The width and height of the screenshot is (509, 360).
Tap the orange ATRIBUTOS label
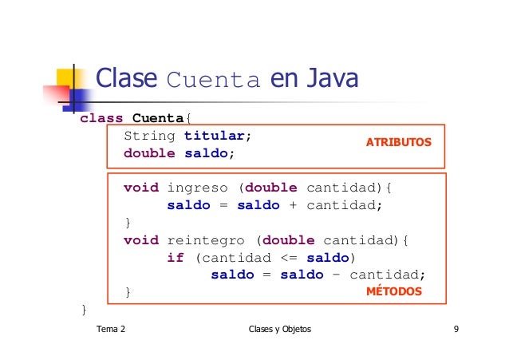[x=398, y=142]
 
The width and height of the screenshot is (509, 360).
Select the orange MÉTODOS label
[x=393, y=292]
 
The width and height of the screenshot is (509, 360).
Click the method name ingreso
[x=197, y=188]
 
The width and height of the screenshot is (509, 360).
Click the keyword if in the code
[x=176, y=258]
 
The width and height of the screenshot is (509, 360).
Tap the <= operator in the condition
[x=289, y=258]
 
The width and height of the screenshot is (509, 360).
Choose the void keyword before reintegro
[x=140, y=240]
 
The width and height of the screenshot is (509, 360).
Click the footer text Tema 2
[x=110, y=329]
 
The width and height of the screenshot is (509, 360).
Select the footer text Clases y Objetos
[x=280, y=329]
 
